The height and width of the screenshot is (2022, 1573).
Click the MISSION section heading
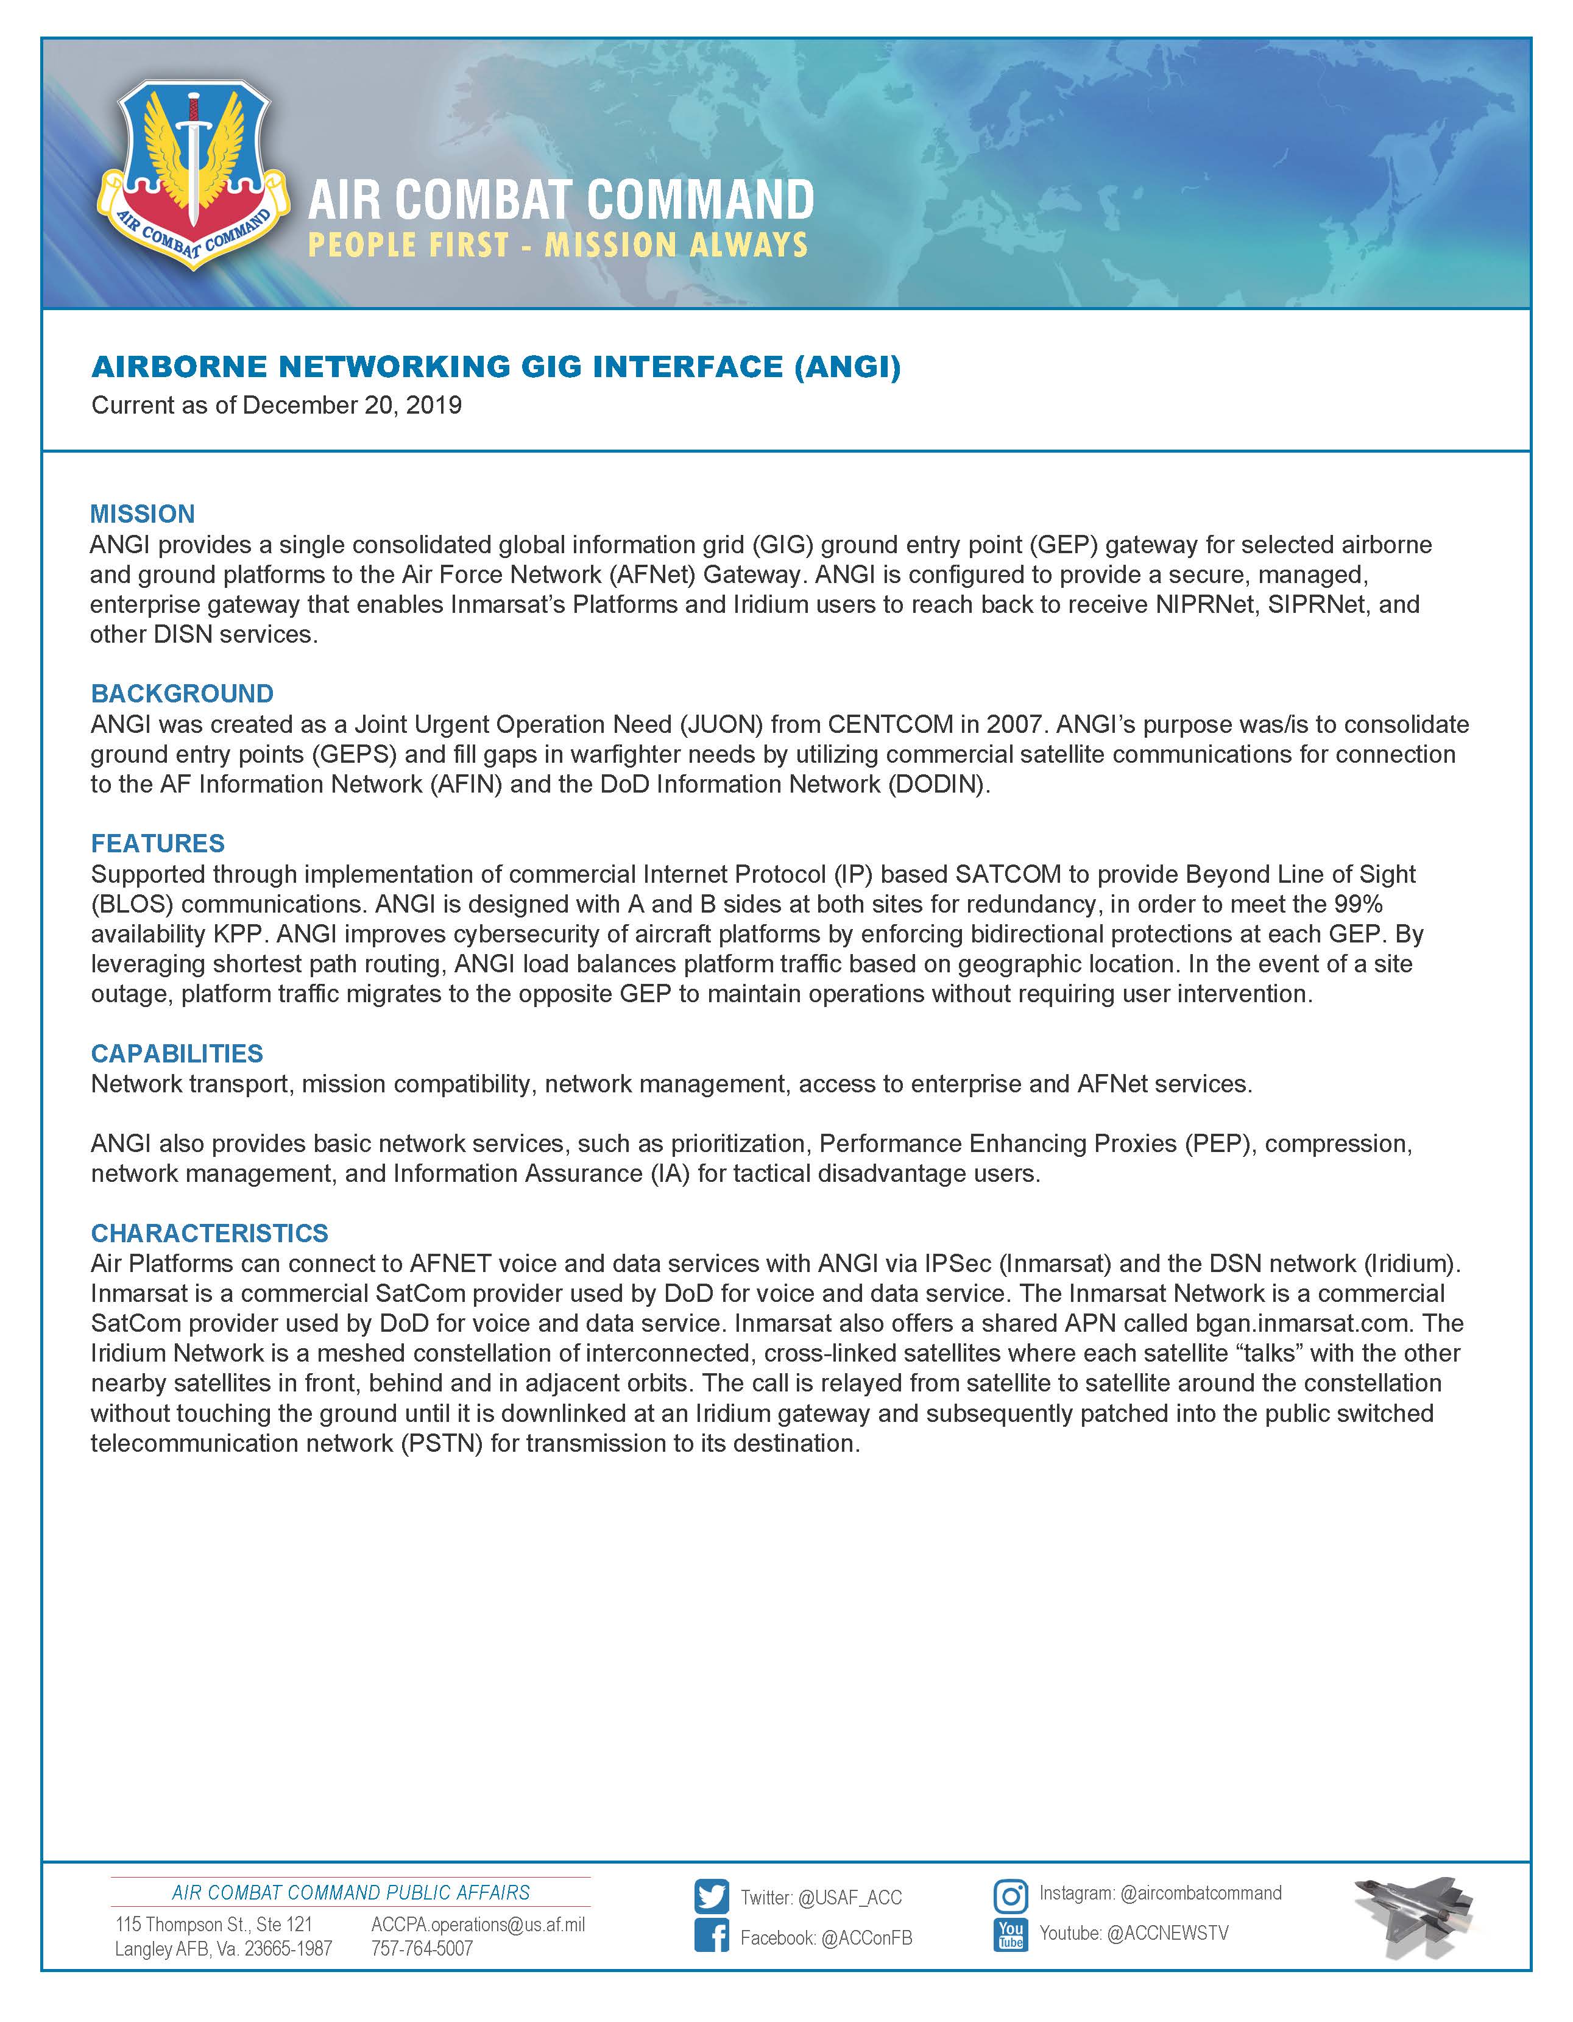(x=143, y=514)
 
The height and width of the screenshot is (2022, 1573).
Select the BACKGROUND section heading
(x=182, y=693)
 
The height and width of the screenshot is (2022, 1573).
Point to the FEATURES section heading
(x=157, y=843)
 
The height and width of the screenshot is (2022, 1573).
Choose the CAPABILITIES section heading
(x=177, y=1053)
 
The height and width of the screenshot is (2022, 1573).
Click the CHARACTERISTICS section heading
(x=209, y=1233)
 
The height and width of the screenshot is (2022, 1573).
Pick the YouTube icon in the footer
(x=1010, y=1935)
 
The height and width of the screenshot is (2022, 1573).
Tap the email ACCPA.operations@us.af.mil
(x=478, y=1925)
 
